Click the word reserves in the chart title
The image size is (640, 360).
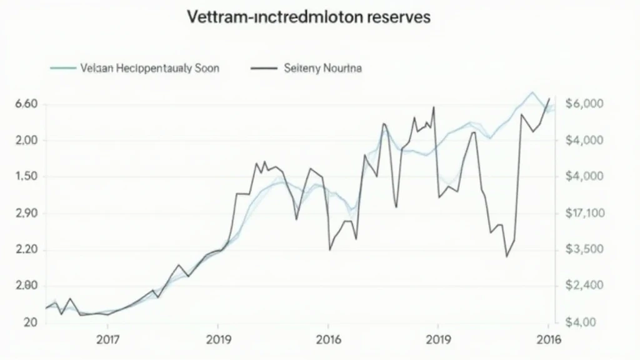(x=397, y=17)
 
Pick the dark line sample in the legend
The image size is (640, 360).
(x=263, y=68)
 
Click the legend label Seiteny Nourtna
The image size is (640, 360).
(x=322, y=68)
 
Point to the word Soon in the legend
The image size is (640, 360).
(x=206, y=68)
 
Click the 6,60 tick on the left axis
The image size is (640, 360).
(x=26, y=104)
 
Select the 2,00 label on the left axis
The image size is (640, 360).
(x=26, y=141)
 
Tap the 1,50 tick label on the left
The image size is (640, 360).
(x=26, y=177)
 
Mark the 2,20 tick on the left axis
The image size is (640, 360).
(x=26, y=250)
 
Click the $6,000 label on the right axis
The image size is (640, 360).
(x=584, y=104)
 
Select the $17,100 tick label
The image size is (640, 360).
(x=585, y=214)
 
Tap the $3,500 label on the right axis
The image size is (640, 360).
(x=584, y=250)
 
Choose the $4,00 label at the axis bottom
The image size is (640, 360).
(x=582, y=322)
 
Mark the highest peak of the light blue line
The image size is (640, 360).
(x=532, y=92)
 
